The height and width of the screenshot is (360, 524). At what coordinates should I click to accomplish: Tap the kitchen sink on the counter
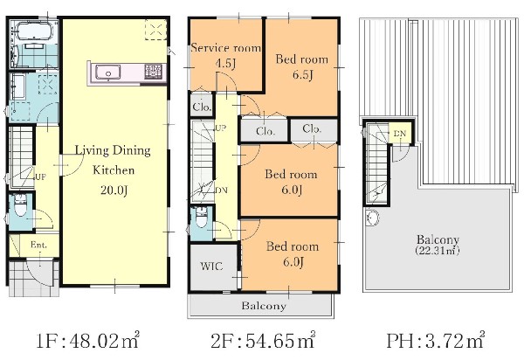pyautogui.click(x=108, y=73)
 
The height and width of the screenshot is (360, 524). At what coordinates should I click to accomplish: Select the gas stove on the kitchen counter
pyautogui.click(x=154, y=72)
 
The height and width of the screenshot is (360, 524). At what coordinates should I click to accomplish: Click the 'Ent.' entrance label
pyautogui.click(x=38, y=245)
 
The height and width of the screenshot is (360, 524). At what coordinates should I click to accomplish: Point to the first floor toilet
pyautogui.click(x=20, y=204)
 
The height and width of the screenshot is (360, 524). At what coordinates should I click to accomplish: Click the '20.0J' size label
pyautogui.click(x=114, y=190)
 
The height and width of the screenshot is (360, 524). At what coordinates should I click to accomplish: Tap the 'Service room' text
pyautogui.click(x=226, y=48)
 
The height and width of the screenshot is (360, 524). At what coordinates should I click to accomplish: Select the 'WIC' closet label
pyautogui.click(x=211, y=267)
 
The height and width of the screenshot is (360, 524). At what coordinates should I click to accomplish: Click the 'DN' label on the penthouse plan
pyautogui.click(x=399, y=134)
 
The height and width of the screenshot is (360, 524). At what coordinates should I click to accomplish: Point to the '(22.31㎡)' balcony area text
pyautogui.click(x=438, y=251)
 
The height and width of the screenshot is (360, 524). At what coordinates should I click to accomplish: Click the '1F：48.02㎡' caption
pyautogui.click(x=87, y=341)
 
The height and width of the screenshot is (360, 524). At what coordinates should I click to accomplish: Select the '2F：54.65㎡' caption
pyautogui.click(x=263, y=341)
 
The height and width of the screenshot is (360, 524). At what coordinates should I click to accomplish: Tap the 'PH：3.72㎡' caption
pyautogui.click(x=436, y=341)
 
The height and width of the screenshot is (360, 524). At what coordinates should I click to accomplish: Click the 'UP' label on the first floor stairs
pyautogui.click(x=40, y=177)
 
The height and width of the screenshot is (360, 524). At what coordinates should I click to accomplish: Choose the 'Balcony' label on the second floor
pyautogui.click(x=264, y=306)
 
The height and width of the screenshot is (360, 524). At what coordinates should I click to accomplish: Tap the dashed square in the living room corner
pyautogui.click(x=155, y=30)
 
